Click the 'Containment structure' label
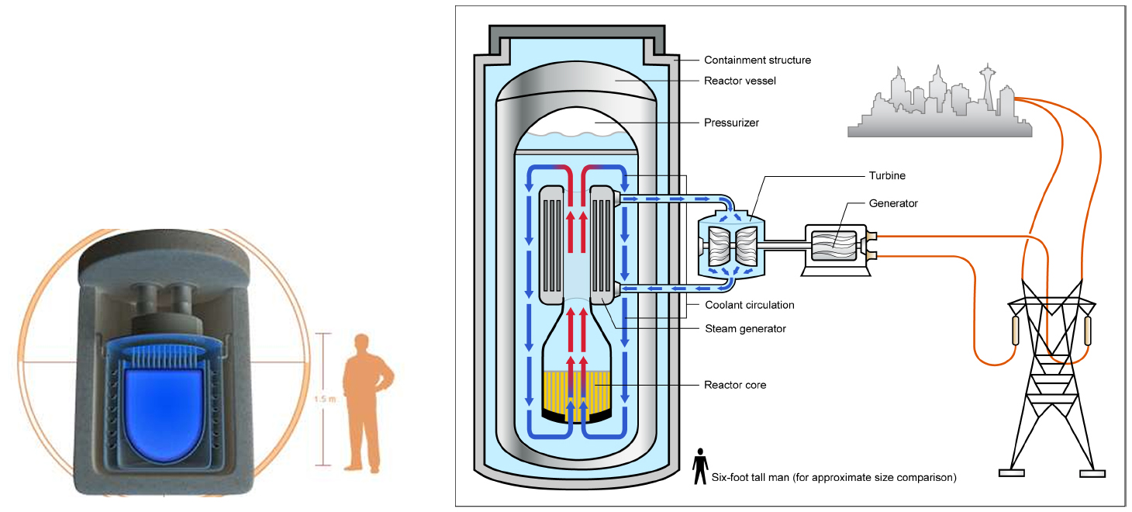(x=757, y=60)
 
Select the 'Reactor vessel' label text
(x=740, y=81)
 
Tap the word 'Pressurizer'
(x=731, y=123)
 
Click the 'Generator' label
(x=894, y=203)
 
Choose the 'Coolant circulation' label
(x=750, y=305)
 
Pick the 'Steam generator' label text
(x=745, y=329)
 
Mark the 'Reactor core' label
(x=735, y=385)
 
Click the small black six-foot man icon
(x=699, y=464)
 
